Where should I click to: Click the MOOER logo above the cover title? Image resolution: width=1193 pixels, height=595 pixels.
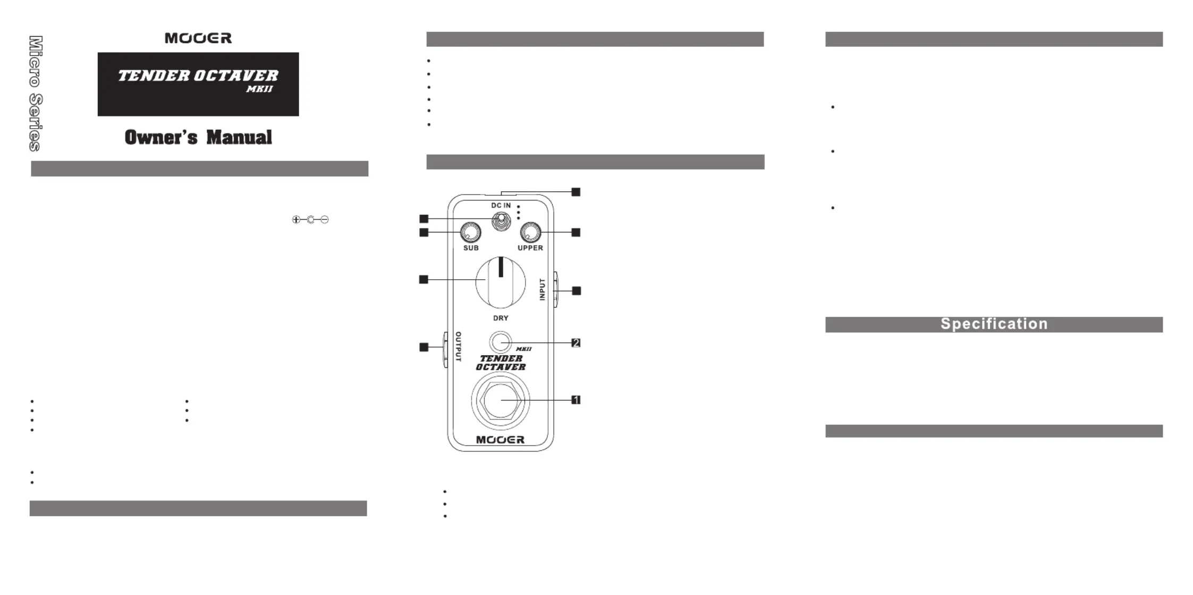coord(198,38)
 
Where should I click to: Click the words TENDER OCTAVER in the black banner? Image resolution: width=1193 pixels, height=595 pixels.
coord(198,76)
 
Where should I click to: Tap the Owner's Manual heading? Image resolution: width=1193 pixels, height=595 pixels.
coord(198,137)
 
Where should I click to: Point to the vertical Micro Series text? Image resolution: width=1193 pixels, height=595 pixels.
coord(36,94)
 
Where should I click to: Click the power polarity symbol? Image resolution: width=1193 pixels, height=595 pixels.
coord(310,220)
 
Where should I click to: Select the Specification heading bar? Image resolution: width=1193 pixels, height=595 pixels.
coord(994,324)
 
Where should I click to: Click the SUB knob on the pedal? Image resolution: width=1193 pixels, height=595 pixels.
coord(470,232)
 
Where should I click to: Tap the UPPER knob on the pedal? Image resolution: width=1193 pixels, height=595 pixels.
coord(530,232)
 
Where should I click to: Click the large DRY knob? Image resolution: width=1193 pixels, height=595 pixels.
coord(501,282)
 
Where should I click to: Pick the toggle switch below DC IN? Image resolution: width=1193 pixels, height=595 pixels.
coord(500,221)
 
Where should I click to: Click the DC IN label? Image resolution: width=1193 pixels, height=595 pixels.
coord(501,205)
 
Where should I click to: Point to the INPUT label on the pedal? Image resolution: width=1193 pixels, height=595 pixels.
coord(542,290)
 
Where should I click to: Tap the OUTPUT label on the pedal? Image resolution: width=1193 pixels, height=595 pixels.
coord(458,347)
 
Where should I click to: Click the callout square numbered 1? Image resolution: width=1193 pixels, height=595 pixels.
coord(576,400)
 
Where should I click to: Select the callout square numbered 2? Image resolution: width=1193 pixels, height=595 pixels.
coord(576,343)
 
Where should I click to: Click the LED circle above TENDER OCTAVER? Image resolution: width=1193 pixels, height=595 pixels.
coord(500,342)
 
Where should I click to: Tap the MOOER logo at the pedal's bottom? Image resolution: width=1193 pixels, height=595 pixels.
coord(500,440)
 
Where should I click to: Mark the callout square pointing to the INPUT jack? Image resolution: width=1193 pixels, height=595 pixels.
coord(576,291)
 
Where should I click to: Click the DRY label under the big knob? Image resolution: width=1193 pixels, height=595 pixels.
coord(501,318)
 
